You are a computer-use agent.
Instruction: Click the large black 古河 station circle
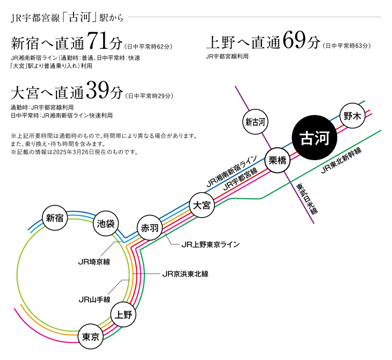point(314,138)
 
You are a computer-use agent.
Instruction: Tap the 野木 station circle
point(353,115)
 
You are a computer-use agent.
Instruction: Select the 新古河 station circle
point(256,122)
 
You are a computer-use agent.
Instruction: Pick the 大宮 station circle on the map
point(202,205)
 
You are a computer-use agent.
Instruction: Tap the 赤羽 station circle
point(149,228)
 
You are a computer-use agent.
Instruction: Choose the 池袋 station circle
point(105,225)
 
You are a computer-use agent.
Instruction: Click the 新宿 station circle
point(55,218)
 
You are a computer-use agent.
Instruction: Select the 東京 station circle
point(90,337)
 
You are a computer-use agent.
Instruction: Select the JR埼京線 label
point(94,262)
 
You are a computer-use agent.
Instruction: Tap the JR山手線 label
point(94,299)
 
